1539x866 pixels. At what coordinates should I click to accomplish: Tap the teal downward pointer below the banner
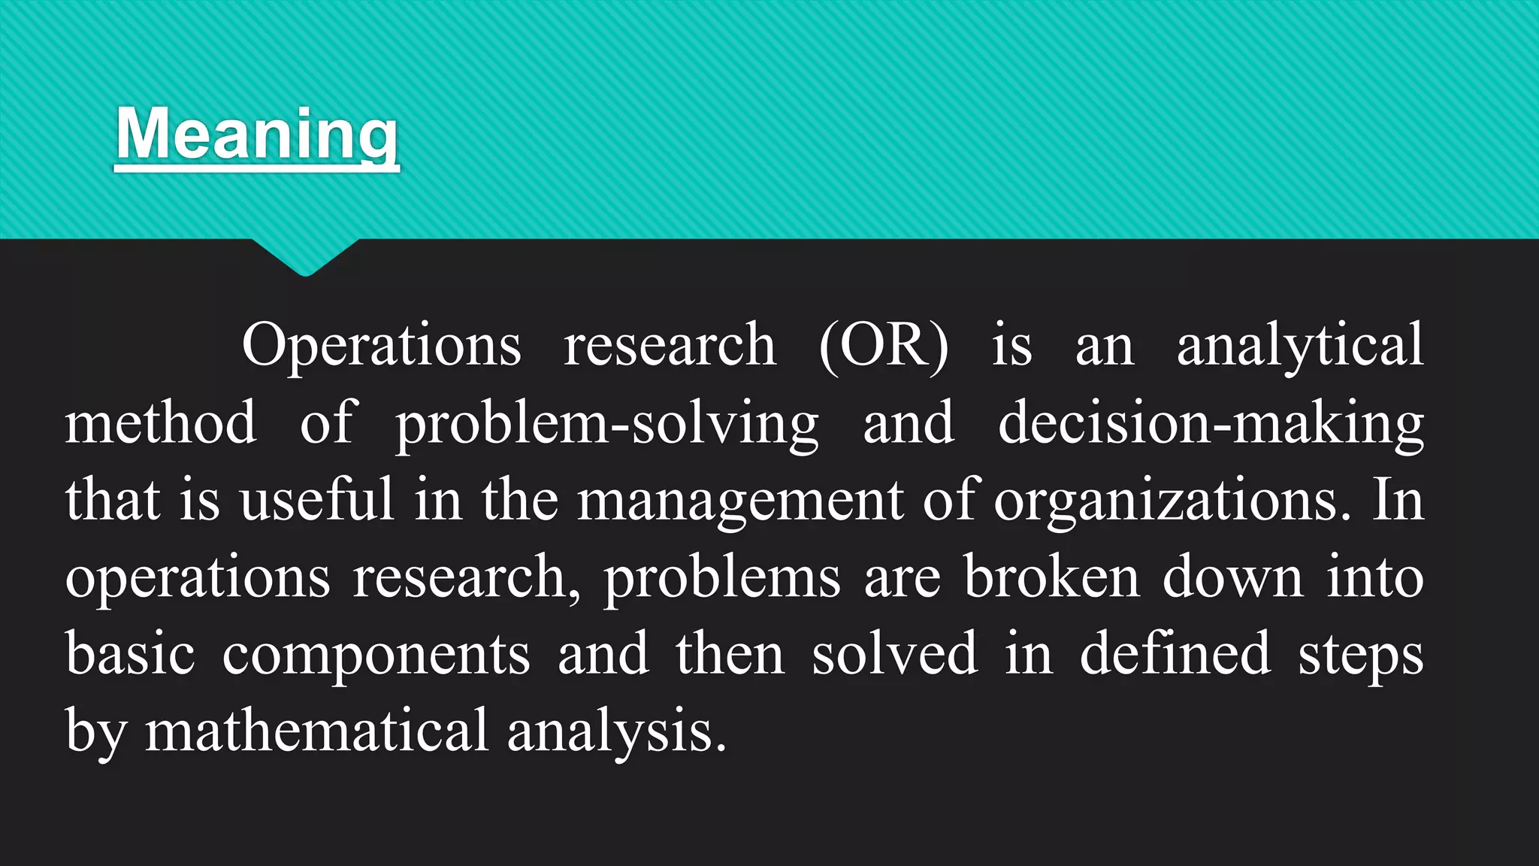pyautogui.click(x=305, y=256)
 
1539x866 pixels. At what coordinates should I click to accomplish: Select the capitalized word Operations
pyautogui.click(x=382, y=346)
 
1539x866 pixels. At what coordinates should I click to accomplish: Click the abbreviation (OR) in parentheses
pyautogui.click(x=884, y=346)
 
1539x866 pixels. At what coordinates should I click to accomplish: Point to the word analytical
pyautogui.click(x=1300, y=346)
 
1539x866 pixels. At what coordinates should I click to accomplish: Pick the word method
pyautogui.click(x=160, y=423)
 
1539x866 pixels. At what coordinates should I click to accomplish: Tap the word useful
pyautogui.click(x=317, y=500)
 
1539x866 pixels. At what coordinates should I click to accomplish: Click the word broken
pyautogui.click(x=1051, y=577)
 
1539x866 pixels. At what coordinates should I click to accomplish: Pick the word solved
pyautogui.click(x=895, y=654)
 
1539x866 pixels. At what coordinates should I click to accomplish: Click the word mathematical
pyautogui.click(x=317, y=731)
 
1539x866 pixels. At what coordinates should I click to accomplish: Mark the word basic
pyautogui.click(x=130, y=654)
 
